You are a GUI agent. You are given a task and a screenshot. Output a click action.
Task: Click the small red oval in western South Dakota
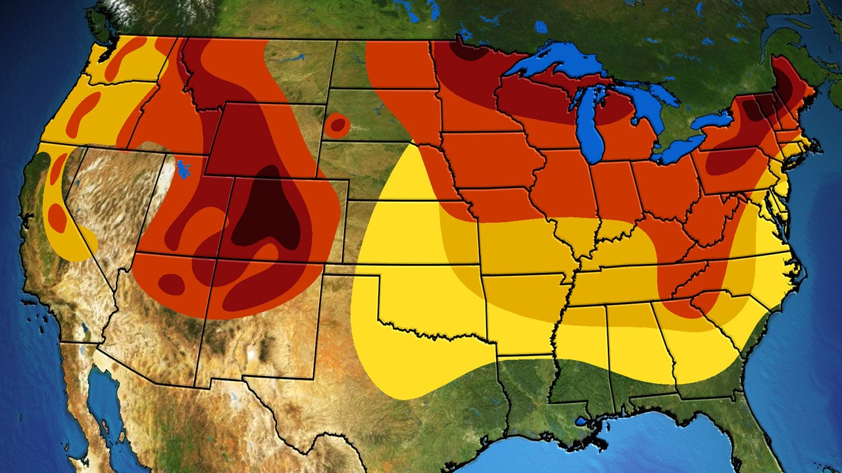337,124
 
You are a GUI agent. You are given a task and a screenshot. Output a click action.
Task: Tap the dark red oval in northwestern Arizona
171,284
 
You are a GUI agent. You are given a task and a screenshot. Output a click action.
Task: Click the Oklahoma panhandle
352,271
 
